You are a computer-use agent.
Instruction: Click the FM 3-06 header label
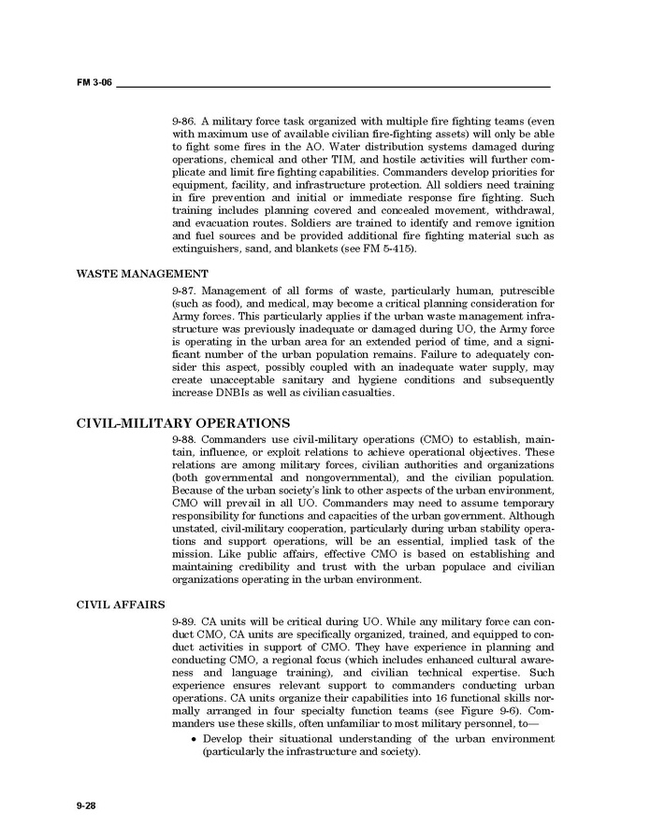[x=94, y=83]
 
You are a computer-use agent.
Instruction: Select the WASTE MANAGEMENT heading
[x=142, y=274]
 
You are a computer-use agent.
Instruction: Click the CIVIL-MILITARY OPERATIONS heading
[x=182, y=422]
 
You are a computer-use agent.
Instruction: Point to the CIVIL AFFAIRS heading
[x=121, y=603]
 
